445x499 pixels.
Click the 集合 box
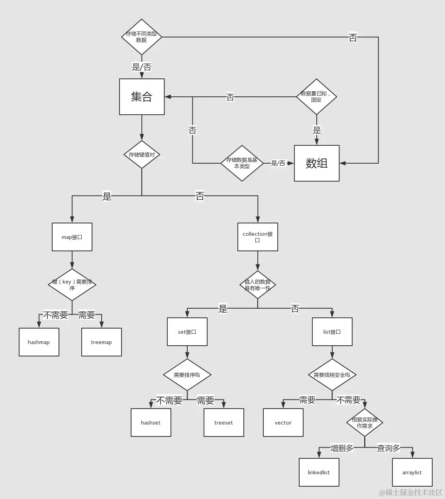[x=142, y=97]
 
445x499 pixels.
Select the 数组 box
[x=317, y=163]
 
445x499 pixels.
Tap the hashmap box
[x=39, y=342]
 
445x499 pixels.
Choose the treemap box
[x=102, y=342]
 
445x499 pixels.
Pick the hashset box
[x=151, y=423]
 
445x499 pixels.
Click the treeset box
[x=223, y=423]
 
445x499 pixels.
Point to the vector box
[x=283, y=423]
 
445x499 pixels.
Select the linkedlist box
[x=319, y=472]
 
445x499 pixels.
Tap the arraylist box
[x=412, y=472]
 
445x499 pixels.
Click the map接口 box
[x=72, y=237]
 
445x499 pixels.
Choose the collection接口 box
[x=258, y=237]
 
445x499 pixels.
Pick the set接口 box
[x=187, y=332]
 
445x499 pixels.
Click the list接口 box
[x=332, y=332]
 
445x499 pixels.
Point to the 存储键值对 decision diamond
[x=142, y=155]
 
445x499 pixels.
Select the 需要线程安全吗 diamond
[x=332, y=375]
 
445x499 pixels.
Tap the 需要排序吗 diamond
[x=187, y=375]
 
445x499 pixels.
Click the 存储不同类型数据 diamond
[x=141, y=37]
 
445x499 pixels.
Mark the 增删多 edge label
[x=342, y=448]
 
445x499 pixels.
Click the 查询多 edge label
[x=388, y=448]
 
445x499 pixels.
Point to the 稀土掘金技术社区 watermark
[x=411, y=493]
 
